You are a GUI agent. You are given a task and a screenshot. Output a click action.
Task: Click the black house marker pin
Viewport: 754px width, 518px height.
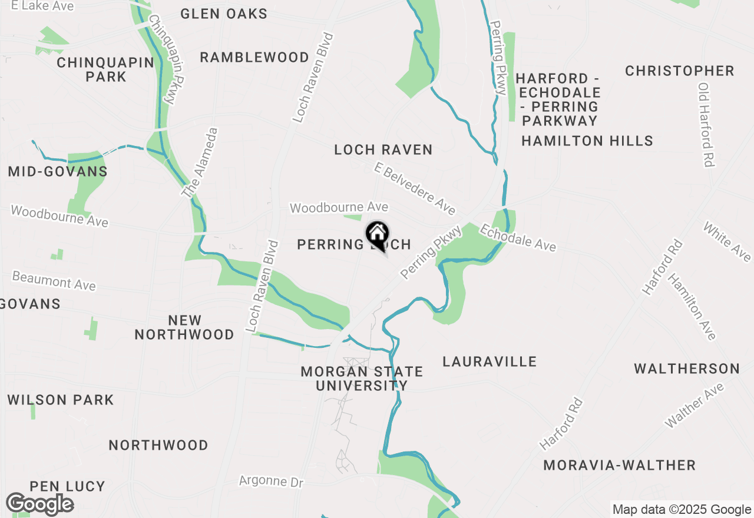(x=377, y=235)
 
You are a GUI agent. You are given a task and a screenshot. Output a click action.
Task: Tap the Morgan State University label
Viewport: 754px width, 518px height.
(x=362, y=378)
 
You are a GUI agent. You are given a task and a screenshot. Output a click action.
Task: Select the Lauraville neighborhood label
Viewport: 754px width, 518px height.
(x=490, y=361)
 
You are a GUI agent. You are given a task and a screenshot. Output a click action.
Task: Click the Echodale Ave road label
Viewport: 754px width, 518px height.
(x=517, y=237)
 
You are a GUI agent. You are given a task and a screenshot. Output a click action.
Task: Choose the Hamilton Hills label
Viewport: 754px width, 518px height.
(x=587, y=141)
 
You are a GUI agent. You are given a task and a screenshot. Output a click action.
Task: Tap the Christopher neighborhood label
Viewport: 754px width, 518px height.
(x=680, y=71)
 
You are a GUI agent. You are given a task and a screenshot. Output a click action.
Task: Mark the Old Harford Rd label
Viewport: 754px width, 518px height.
(x=706, y=124)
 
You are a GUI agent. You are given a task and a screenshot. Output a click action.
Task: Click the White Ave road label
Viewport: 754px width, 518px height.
(x=727, y=241)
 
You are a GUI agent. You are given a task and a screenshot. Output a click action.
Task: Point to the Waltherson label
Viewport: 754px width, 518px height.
(x=686, y=369)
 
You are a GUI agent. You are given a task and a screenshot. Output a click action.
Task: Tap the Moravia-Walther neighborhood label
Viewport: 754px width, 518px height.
(x=619, y=465)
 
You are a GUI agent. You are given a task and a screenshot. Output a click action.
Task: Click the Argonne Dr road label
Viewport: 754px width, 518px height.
(x=271, y=482)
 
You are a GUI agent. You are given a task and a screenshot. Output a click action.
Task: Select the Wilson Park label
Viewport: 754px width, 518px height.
(x=61, y=400)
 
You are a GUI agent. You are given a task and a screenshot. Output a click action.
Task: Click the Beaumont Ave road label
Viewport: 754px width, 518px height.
(x=54, y=280)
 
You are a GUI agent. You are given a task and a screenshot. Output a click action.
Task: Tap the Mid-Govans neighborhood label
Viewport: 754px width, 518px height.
(x=58, y=171)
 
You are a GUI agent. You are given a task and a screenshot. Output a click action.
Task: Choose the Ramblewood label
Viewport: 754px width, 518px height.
(x=254, y=57)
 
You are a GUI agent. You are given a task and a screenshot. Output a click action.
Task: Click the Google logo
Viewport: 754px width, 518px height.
(x=39, y=504)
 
